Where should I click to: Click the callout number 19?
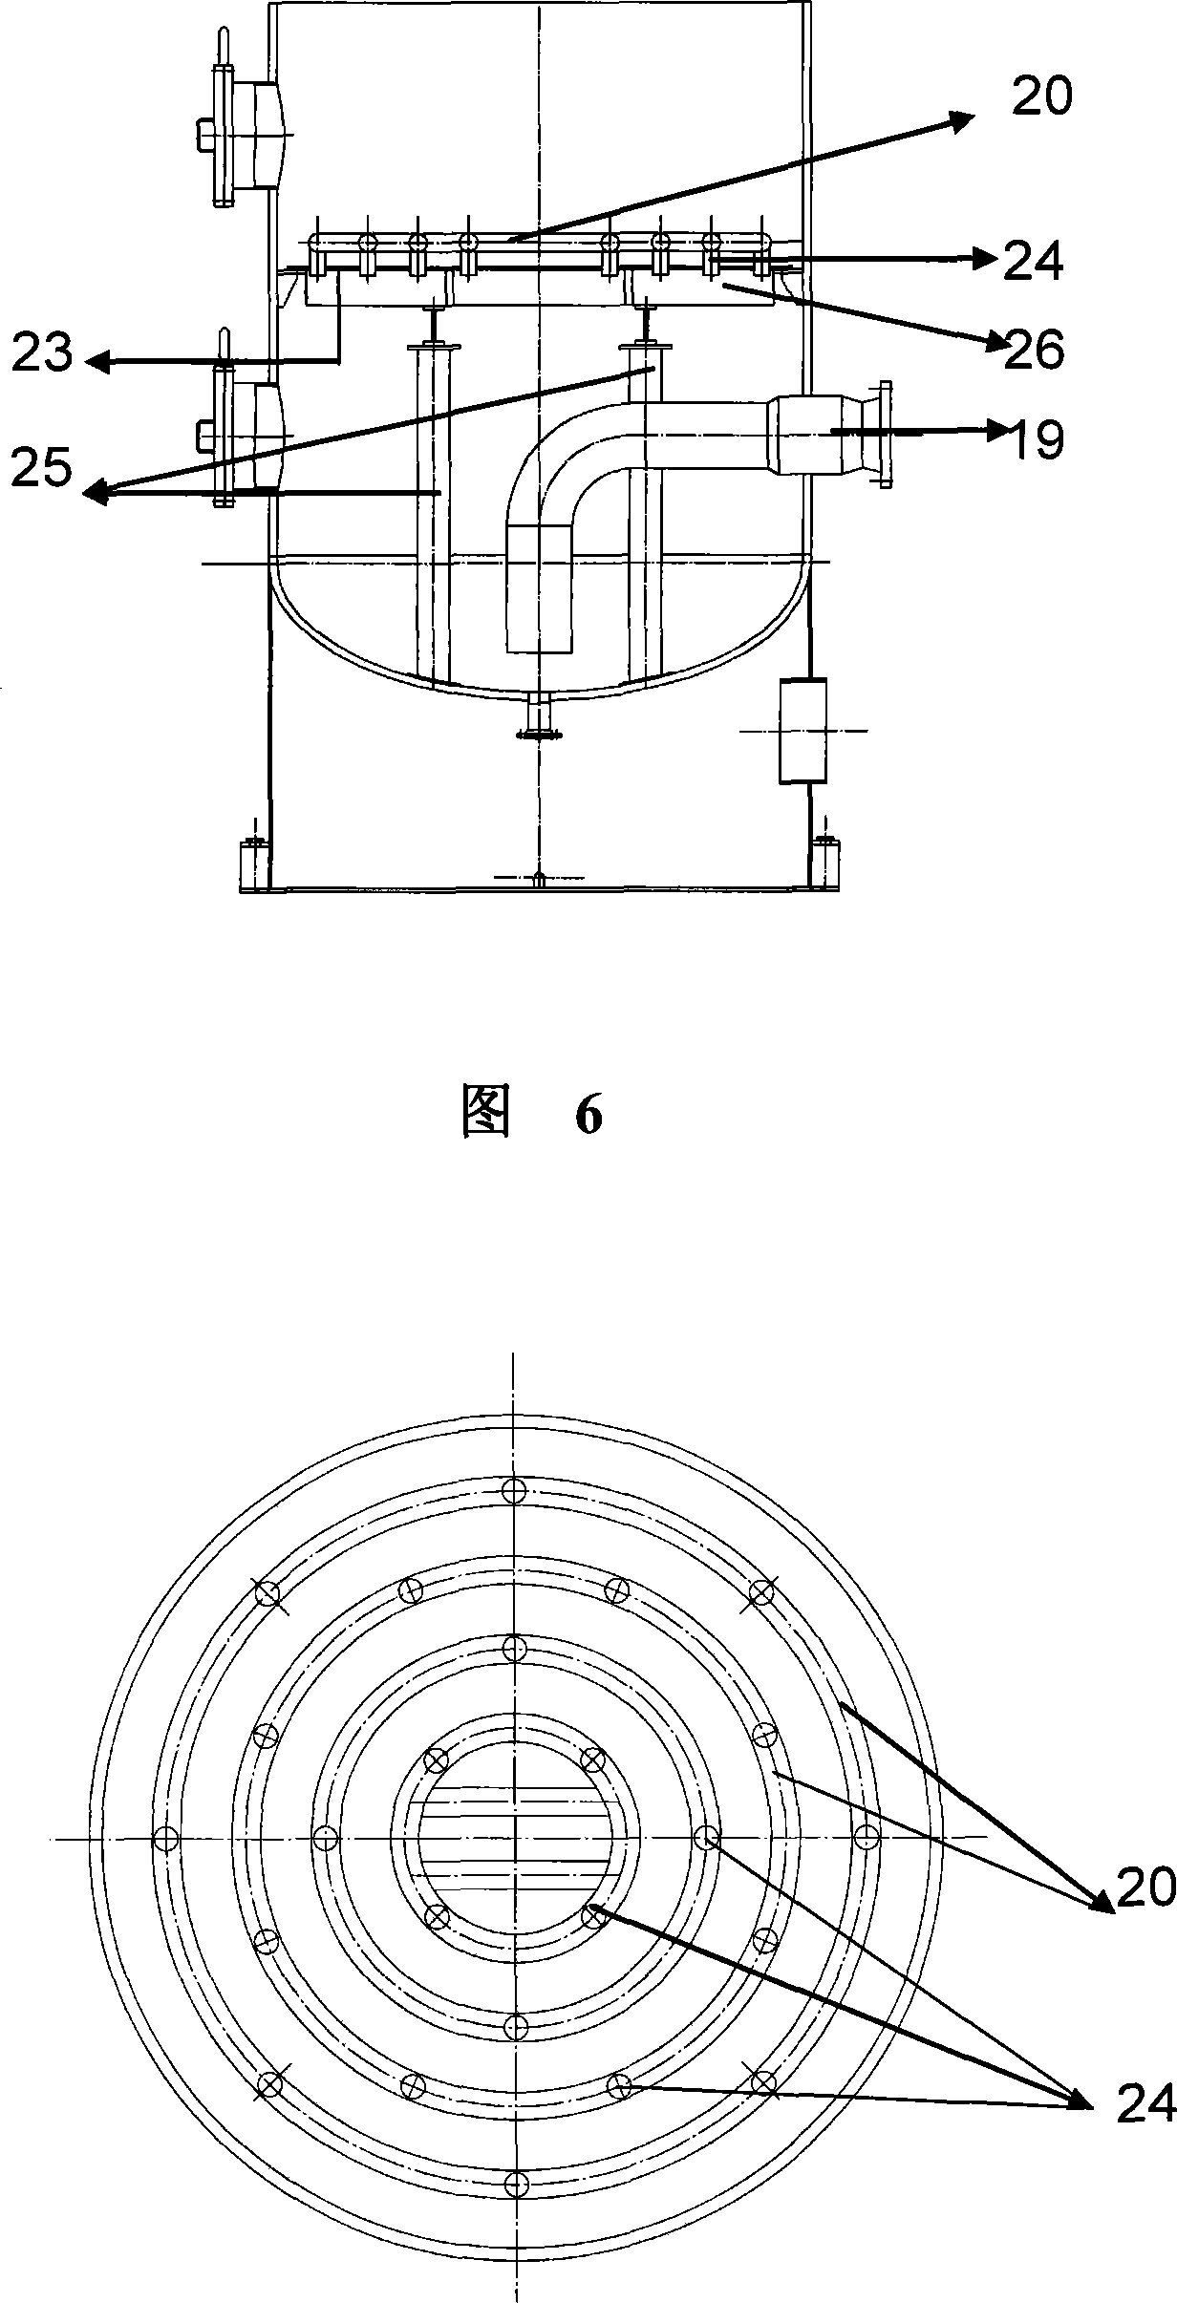(x=1036, y=439)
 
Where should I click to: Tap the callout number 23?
(x=43, y=354)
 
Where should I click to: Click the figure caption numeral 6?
(x=588, y=1115)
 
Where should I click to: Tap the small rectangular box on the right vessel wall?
(x=802, y=731)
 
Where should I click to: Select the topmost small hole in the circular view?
(x=515, y=1489)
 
